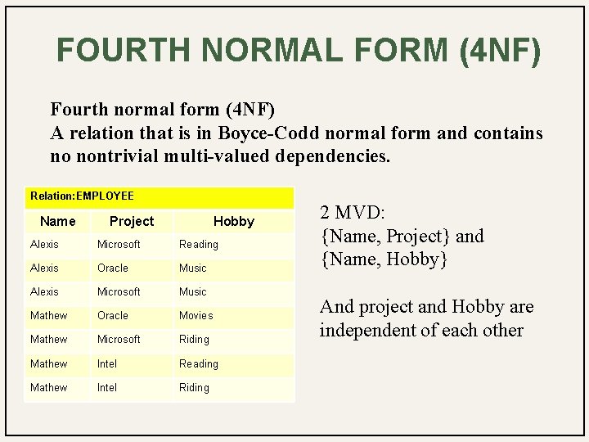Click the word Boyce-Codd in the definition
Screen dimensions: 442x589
click(x=268, y=133)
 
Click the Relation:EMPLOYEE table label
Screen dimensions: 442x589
click(x=82, y=196)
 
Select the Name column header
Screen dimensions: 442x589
click(x=57, y=221)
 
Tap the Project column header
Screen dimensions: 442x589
click(x=131, y=221)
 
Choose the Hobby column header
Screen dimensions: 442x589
click(x=234, y=221)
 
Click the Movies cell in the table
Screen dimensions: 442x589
click(x=196, y=315)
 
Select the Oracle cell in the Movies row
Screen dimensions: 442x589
click(x=113, y=315)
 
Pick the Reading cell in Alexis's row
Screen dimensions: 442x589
click(x=199, y=244)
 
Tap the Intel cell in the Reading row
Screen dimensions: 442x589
click(x=107, y=363)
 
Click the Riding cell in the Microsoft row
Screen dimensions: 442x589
click(x=195, y=339)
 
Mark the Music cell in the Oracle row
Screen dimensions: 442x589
click(x=193, y=268)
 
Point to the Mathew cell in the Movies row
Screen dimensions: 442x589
click(x=49, y=315)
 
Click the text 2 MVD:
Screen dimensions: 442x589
click(x=353, y=212)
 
